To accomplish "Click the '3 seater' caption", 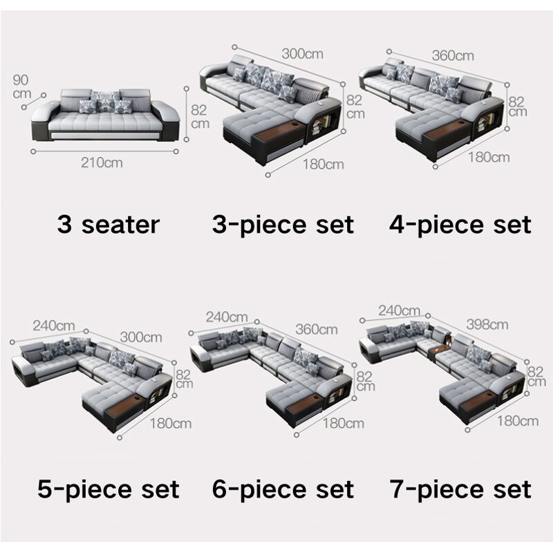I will pos(108,224).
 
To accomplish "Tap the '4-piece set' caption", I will pos(460,224).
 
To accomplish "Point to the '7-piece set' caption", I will pos(460,489).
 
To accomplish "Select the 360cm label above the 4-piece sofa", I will pos(453,55).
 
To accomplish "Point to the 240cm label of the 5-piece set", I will pos(54,324).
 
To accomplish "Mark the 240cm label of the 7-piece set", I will pos(399,310).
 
